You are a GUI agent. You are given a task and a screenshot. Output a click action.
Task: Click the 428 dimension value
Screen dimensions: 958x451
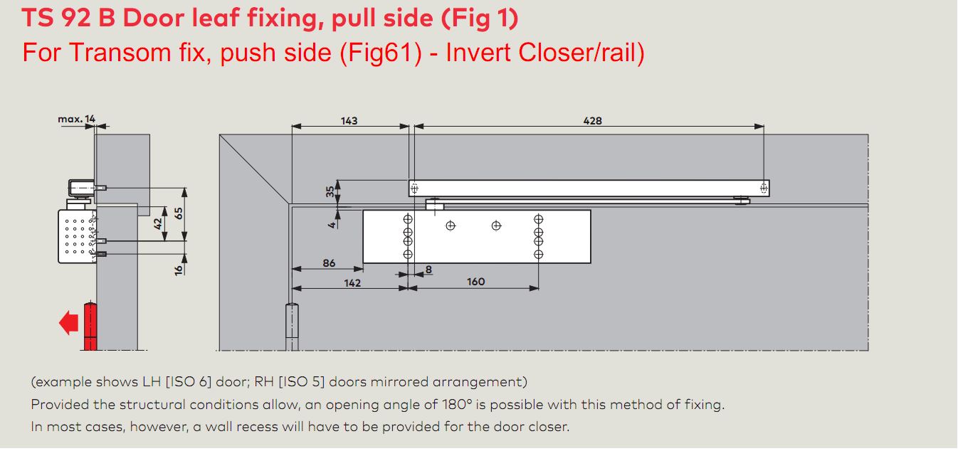(x=592, y=121)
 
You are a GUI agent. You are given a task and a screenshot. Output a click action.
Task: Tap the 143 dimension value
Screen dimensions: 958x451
(x=349, y=121)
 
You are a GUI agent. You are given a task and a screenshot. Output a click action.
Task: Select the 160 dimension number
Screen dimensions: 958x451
(x=475, y=282)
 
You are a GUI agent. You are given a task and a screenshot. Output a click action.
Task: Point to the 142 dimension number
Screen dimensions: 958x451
(x=352, y=283)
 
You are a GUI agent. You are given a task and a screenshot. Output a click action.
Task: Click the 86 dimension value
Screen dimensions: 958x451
(x=329, y=263)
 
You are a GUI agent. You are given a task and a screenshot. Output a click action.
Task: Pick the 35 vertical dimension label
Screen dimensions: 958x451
(x=330, y=191)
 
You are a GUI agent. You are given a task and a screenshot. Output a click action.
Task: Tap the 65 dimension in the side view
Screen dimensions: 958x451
(x=179, y=213)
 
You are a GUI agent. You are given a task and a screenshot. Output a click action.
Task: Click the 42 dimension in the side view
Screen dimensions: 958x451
(x=158, y=223)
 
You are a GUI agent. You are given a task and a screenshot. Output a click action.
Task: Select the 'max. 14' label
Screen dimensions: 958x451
(x=77, y=119)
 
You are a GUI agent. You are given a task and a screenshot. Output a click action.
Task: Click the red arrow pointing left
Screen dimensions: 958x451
(x=68, y=323)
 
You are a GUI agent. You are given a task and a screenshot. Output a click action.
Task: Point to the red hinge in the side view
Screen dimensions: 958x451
(x=90, y=327)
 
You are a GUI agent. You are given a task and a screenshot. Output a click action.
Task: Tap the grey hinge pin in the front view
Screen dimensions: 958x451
(x=292, y=327)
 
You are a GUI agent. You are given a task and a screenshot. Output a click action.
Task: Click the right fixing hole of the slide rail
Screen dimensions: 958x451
(x=764, y=188)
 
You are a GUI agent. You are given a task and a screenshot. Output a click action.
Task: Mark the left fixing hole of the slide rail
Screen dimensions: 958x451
(x=414, y=188)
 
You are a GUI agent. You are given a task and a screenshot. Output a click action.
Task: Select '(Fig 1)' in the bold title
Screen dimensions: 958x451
(x=480, y=18)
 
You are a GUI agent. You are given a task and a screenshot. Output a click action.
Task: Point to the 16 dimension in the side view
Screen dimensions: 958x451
(x=179, y=270)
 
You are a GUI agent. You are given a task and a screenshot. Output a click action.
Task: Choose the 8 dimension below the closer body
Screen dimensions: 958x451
(x=428, y=270)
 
